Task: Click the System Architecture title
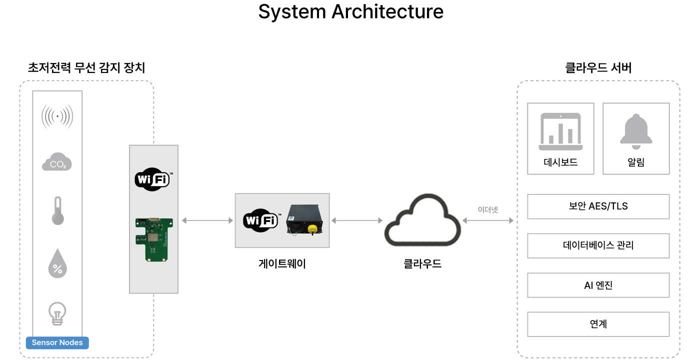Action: tap(350, 11)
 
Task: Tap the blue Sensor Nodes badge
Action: tap(57, 342)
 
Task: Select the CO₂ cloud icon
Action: tap(57, 162)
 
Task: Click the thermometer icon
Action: tap(58, 210)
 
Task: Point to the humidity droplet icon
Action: tap(57, 263)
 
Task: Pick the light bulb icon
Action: tap(57, 313)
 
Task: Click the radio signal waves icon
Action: tap(57, 116)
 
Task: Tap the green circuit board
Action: tap(154, 239)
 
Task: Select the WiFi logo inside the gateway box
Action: tap(260, 220)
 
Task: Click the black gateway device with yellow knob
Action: tap(304, 220)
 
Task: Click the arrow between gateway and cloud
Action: tap(356, 220)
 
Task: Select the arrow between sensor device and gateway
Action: tap(207, 220)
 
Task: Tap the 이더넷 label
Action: tap(488, 209)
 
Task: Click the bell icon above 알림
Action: tap(636, 131)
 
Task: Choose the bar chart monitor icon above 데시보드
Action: tap(560, 132)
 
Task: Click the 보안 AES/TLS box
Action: tap(598, 206)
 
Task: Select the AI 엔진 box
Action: tap(598, 285)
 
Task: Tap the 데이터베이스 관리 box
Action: tap(598, 245)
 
